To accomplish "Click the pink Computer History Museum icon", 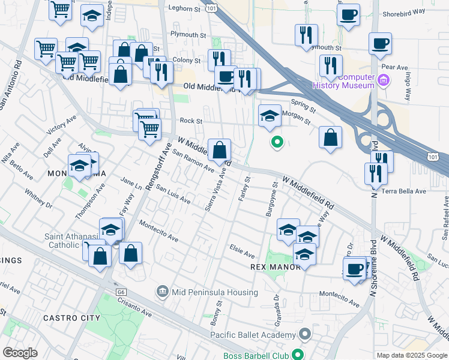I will [384, 79].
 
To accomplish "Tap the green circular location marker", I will [277, 142].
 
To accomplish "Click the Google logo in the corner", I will [20, 353].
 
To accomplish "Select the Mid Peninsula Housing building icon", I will [162, 292].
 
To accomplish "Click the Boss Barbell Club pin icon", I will [295, 354].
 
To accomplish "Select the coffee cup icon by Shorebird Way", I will [348, 15].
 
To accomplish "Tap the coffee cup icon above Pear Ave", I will [380, 44].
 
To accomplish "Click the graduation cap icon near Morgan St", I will [270, 115].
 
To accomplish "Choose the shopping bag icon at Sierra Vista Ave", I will [220, 150].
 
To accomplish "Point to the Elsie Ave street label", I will [243, 247].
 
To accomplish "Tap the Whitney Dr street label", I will [38, 200].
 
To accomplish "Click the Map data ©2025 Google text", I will [412, 355].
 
